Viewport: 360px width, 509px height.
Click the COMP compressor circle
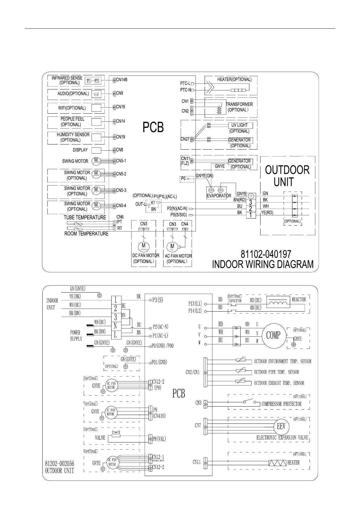click(273, 335)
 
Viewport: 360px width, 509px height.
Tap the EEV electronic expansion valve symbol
click(281, 426)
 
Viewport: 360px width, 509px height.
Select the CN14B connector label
click(122, 80)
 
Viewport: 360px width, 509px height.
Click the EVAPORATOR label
click(219, 196)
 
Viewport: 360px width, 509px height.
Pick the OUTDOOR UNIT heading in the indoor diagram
click(287, 176)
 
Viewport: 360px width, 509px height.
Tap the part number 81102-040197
click(266, 254)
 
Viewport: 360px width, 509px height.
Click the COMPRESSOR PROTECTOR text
click(281, 404)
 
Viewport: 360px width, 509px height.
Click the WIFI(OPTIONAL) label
click(72, 108)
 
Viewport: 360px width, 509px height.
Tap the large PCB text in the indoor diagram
click(153, 127)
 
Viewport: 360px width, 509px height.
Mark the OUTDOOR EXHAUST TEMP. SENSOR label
click(279, 383)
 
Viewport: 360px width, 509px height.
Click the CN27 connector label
click(185, 139)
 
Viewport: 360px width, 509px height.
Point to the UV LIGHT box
click(240, 125)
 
